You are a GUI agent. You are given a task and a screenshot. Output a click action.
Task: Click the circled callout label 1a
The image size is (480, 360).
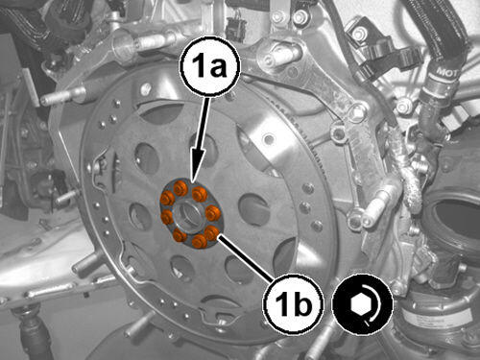pos(210,68)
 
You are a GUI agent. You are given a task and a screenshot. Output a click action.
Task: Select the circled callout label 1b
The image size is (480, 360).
pos(293,303)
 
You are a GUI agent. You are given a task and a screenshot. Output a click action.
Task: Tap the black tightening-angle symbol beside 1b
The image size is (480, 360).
pos(362,304)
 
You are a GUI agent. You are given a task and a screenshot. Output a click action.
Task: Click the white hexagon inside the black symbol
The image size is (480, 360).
pos(360,304)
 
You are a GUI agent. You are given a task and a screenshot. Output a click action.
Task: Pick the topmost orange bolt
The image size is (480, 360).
pos(180,187)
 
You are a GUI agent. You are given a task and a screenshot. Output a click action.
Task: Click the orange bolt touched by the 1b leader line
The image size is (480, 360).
pos(211,233)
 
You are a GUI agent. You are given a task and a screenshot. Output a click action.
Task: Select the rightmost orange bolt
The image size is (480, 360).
pos(212,212)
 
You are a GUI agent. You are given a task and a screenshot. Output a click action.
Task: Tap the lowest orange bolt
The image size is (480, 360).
pos(199,241)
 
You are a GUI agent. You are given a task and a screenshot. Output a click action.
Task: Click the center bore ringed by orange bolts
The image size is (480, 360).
pos(189,215)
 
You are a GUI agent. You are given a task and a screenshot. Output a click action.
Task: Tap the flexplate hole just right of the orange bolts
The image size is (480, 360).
pos(253,208)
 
